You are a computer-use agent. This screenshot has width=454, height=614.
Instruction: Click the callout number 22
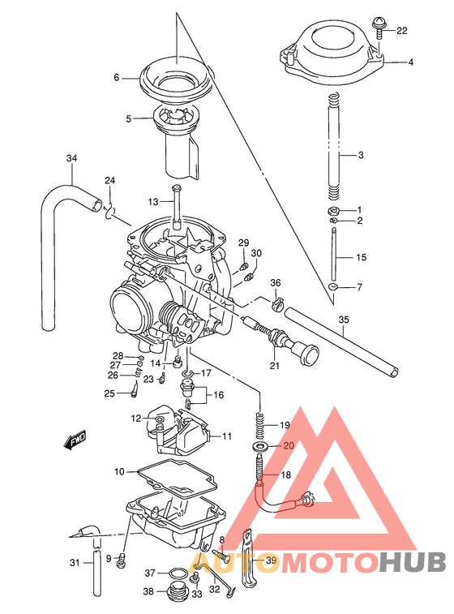click(x=402, y=31)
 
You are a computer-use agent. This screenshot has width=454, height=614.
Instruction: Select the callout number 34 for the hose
click(x=72, y=158)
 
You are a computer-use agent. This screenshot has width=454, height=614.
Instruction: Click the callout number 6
click(x=116, y=78)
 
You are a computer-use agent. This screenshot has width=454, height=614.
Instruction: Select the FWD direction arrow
click(x=74, y=441)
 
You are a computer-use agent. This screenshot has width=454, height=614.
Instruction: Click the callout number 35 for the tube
click(x=344, y=319)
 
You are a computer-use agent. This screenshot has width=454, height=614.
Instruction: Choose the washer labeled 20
click(x=259, y=447)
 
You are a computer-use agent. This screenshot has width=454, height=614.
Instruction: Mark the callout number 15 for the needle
click(x=362, y=257)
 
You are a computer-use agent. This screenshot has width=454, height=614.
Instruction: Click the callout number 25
click(x=109, y=393)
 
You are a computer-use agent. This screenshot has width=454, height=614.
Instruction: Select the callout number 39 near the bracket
click(x=271, y=560)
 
